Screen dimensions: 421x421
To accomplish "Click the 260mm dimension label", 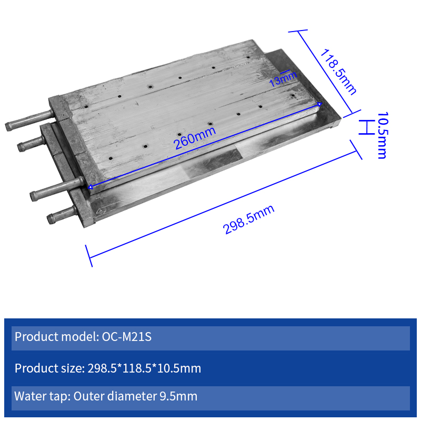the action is (195, 138).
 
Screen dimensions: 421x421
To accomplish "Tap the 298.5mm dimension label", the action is (248, 219).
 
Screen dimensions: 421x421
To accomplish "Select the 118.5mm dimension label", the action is (338, 72).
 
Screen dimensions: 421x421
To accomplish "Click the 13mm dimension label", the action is (283, 79).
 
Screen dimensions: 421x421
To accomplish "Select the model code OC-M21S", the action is (127, 337).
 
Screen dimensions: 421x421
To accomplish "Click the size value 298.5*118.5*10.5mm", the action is (144, 368).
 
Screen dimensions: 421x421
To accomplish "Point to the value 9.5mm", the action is (178, 396).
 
